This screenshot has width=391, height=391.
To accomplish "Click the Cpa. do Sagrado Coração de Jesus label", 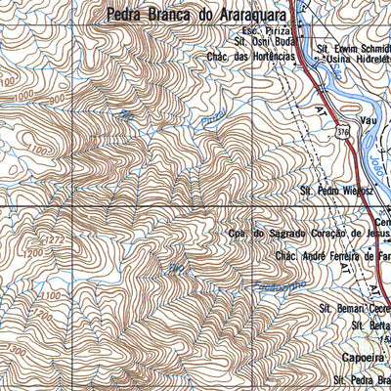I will pos(308,235).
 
